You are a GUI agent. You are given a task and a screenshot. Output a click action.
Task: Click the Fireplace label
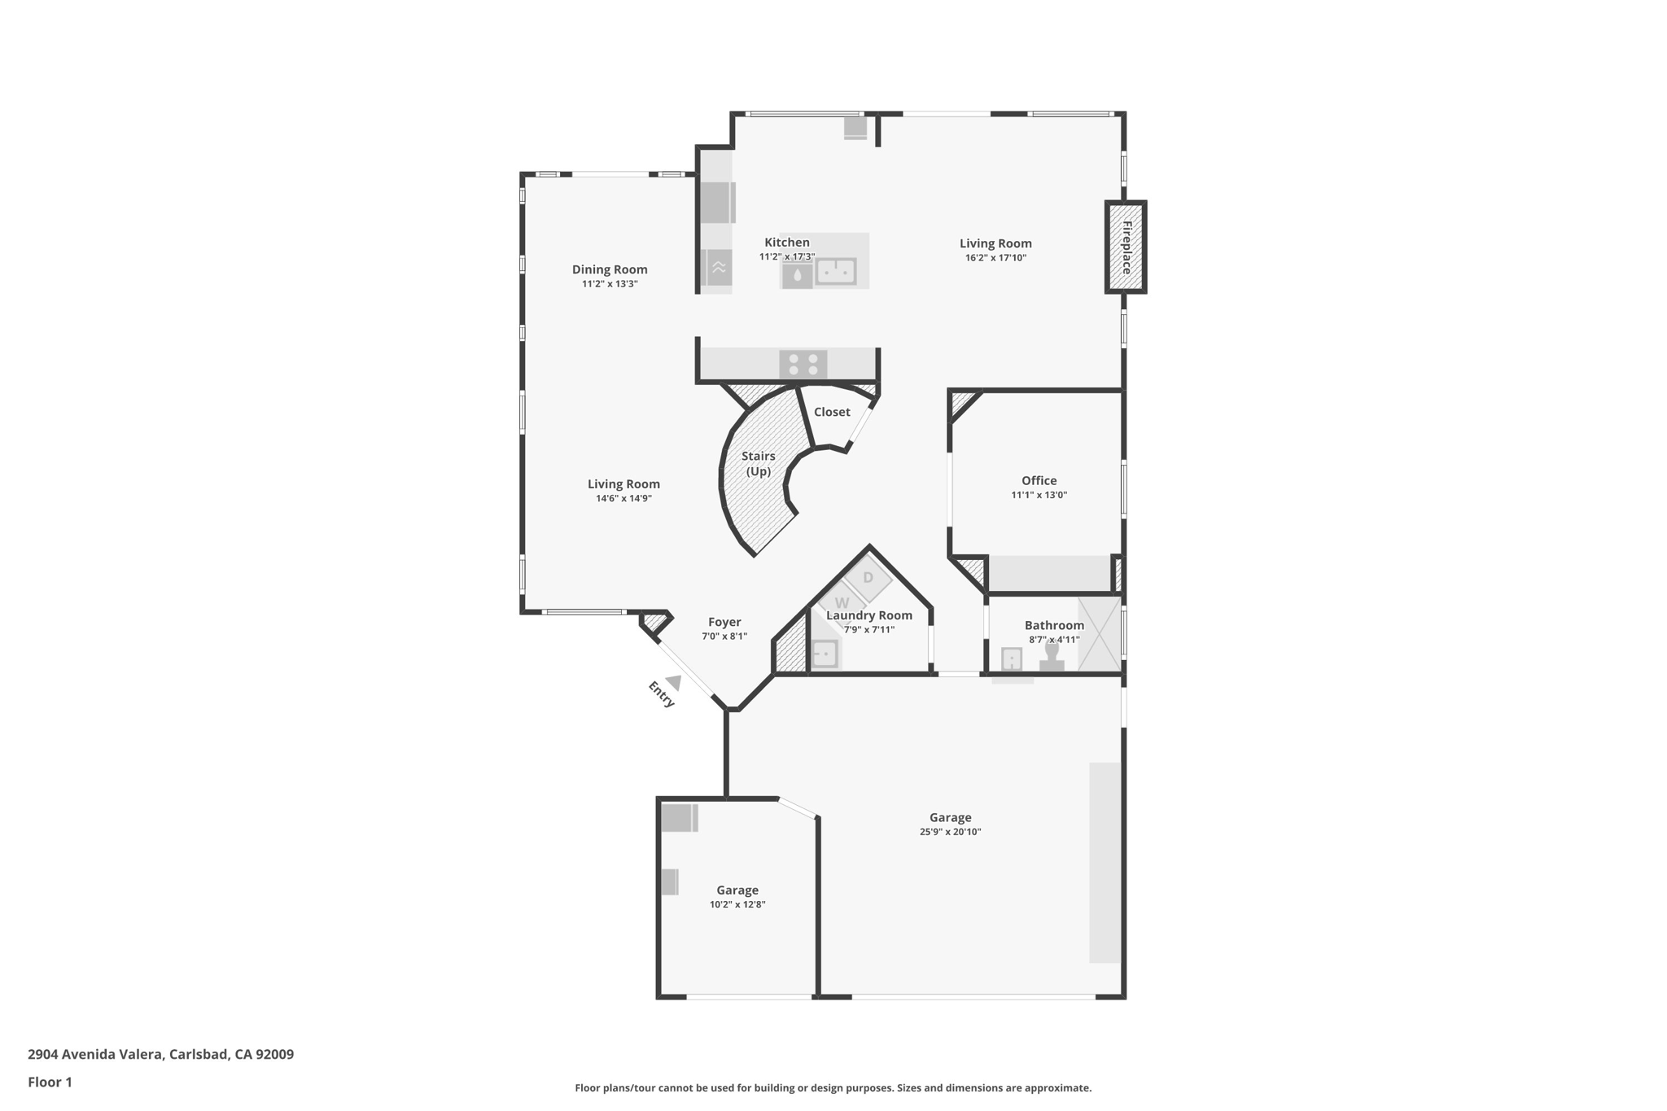coord(1127,247)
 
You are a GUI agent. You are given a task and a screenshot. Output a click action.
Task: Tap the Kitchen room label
coord(787,243)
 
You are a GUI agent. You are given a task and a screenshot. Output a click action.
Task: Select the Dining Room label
coord(610,269)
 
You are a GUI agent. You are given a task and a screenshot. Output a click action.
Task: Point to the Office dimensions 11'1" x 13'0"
coord(1039,495)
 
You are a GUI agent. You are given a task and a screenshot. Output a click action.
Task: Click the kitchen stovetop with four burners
coord(803,364)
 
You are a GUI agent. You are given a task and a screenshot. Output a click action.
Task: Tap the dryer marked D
coord(868,578)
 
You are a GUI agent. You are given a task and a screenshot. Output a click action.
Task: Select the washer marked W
coord(841,603)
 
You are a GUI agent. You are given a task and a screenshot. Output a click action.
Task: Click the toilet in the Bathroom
coord(1052,656)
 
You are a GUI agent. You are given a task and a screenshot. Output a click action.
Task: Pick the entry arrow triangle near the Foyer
coord(674,682)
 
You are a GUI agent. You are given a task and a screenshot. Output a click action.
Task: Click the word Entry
coord(661,694)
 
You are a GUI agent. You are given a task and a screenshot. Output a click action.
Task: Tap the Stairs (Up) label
coord(759,463)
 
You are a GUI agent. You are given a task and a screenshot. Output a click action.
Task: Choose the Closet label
coord(832,412)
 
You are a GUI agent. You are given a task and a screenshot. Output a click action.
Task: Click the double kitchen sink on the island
coord(836,270)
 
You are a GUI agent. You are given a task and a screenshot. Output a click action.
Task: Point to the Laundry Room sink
coord(825,654)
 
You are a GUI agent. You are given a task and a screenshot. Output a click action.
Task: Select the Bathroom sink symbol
coord(1012,658)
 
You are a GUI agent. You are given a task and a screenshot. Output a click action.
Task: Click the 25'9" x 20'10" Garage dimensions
coord(950,832)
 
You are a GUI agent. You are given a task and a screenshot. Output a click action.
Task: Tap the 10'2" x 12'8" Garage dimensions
coord(737,904)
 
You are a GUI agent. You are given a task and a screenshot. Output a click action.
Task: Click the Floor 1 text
coord(50,1082)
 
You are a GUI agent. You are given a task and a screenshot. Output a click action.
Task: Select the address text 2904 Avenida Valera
coord(95,1054)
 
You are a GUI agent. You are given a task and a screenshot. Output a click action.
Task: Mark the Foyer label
coord(724,622)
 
